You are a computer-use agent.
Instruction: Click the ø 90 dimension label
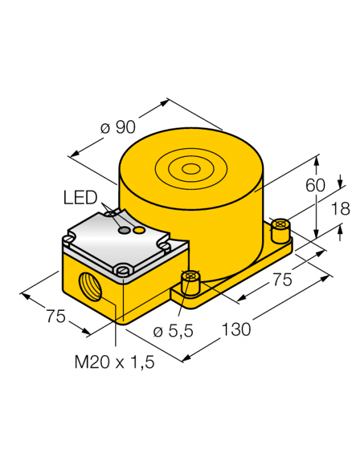118,127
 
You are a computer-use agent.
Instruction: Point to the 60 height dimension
315,186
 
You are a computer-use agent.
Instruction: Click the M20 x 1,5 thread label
114,363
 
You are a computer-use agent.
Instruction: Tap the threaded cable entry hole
88,283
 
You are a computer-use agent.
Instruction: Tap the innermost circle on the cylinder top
190,169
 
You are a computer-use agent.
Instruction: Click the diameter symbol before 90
106,128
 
